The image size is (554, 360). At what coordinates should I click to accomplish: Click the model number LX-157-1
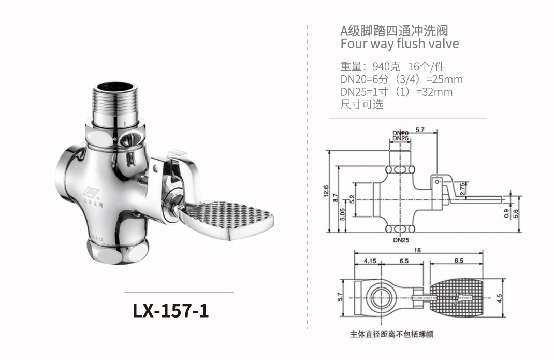click(x=171, y=310)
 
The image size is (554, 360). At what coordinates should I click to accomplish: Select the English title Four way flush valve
click(x=399, y=44)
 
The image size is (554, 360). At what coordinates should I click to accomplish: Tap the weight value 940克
click(x=385, y=67)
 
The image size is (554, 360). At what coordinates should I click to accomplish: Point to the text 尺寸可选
click(x=362, y=104)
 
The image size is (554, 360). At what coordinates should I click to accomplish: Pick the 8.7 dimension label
click(x=336, y=197)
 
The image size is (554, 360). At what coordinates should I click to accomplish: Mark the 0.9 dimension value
click(x=506, y=212)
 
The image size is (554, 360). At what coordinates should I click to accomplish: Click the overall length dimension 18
click(x=417, y=250)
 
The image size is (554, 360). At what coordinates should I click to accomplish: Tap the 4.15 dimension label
click(x=370, y=261)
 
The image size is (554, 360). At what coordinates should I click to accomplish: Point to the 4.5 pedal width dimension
click(x=499, y=298)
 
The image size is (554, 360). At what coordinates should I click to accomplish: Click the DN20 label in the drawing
click(x=400, y=133)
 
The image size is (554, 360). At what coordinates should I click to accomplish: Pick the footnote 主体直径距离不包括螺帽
click(x=391, y=335)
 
